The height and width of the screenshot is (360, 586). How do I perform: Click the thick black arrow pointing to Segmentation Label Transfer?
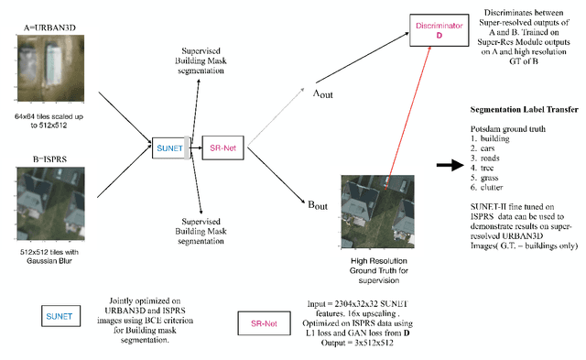click(449, 165)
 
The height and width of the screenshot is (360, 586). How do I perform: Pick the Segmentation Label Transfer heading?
click(517, 109)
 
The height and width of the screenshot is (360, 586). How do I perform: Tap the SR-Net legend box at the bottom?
click(264, 321)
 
